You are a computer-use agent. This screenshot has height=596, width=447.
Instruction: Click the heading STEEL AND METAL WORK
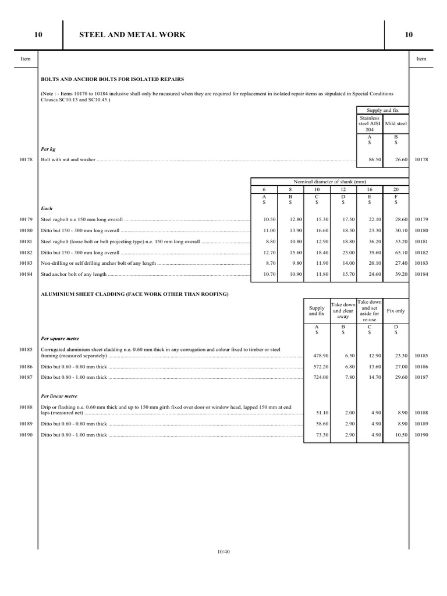pos(132,35)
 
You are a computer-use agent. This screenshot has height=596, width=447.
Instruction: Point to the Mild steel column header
pos(396,123)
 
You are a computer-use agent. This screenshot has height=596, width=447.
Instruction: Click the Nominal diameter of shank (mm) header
pos(330,181)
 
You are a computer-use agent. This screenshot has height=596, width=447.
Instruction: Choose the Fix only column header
pos(396,311)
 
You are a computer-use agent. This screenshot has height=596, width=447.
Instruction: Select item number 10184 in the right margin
pos(422,274)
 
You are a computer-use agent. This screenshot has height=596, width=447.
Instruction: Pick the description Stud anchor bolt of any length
pos(74,274)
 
